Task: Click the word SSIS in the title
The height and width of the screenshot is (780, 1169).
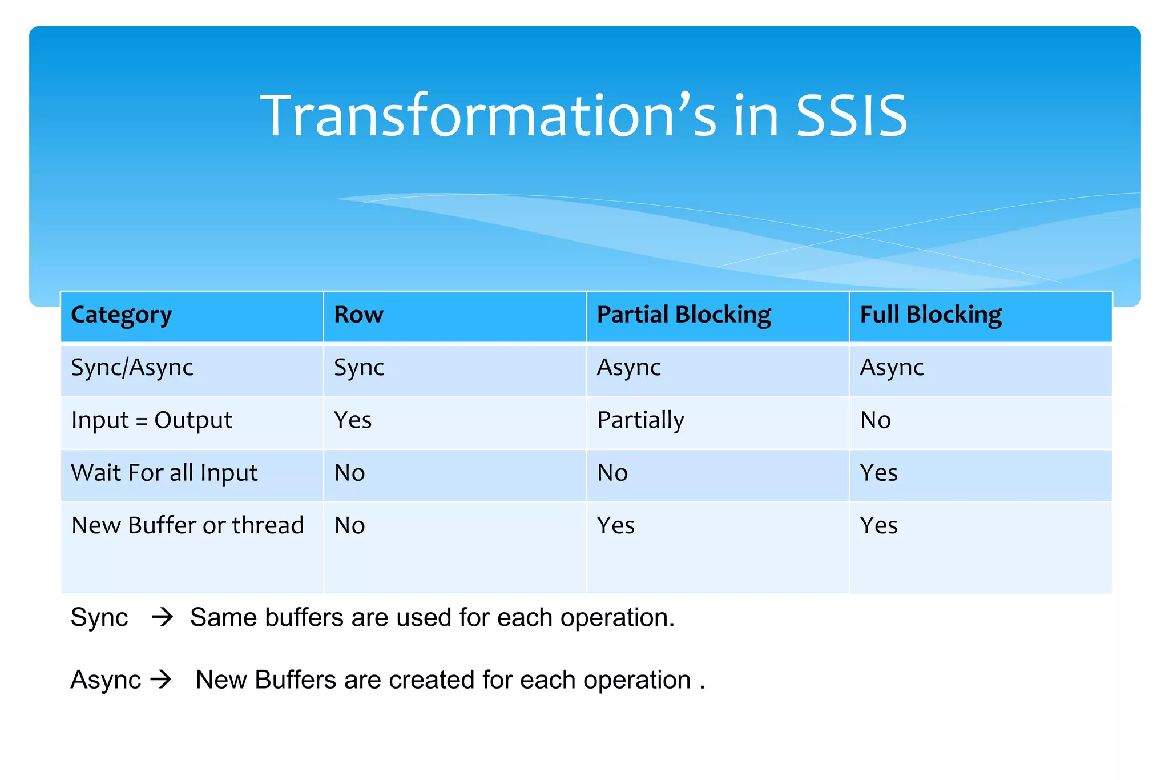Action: click(x=850, y=116)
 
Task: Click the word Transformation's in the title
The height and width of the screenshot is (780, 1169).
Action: click(x=488, y=116)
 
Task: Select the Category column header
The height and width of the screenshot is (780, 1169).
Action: click(x=121, y=315)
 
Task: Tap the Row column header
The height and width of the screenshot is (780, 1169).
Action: click(x=358, y=315)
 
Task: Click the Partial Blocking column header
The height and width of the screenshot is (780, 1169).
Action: click(x=684, y=315)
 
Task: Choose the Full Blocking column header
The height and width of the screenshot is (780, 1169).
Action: click(x=930, y=315)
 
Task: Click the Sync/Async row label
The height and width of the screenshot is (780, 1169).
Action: click(x=132, y=367)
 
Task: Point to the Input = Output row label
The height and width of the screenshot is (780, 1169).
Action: click(x=151, y=420)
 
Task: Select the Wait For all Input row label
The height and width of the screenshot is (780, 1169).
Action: click(x=164, y=473)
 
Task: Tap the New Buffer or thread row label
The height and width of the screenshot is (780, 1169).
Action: click(x=187, y=525)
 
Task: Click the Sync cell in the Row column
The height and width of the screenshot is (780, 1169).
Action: click(x=358, y=367)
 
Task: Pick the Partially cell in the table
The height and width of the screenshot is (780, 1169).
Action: click(x=640, y=420)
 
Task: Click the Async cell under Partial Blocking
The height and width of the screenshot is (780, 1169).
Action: click(x=628, y=367)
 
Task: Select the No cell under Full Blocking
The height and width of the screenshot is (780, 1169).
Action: click(x=875, y=420)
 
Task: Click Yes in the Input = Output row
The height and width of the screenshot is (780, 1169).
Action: click(x=353, y=420)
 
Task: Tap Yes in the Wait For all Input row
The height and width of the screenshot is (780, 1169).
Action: click(x=878, y=473)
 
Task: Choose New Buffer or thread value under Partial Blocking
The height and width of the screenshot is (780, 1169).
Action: click(x=615, y=525)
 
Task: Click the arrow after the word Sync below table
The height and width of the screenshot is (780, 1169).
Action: click(x=162, y=617)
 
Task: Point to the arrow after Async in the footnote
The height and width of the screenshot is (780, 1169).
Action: click(x=161, y=680)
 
